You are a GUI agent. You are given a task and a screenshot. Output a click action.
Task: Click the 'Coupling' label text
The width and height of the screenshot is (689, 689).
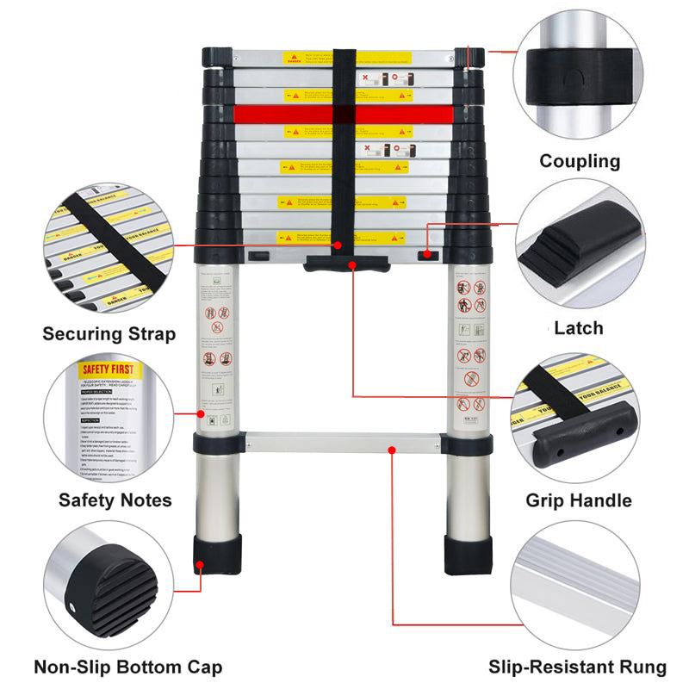point(580,161)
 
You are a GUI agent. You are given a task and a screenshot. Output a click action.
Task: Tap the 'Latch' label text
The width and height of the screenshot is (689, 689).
point(578,328)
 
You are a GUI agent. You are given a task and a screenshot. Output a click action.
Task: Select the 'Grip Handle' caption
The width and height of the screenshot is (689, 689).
point(579,500)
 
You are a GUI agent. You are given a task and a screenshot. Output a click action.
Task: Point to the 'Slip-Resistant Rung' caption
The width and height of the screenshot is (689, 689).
point(577,667)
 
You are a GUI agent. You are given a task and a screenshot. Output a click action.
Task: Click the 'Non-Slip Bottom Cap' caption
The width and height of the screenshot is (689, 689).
point(127,667)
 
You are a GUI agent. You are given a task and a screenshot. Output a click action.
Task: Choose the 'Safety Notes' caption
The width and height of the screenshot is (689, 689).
point(115,500)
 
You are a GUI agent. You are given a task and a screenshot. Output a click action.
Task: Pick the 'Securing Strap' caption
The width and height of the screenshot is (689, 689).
point(109,334)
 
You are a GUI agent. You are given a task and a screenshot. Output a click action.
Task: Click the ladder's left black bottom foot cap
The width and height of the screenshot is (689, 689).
point(216,553)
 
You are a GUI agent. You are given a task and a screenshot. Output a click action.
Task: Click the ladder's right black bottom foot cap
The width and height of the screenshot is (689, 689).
point(467,553)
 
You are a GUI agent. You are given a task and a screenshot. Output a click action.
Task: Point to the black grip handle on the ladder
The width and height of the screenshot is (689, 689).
point(344,264)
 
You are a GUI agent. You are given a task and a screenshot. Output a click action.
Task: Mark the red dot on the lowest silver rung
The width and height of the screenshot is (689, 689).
point(392,449)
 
